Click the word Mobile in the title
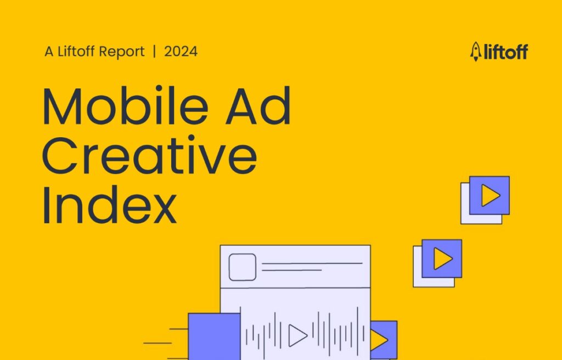(126, 106)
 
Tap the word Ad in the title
(258, 106)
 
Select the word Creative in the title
(149, 155)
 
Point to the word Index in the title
(110, 205)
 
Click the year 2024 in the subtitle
(181, 52)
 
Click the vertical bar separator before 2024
(154, 52)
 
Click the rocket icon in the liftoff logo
(476, 52)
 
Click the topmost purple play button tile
(489, 195)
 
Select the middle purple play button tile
(442, 258)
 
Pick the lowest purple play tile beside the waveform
(384, 340)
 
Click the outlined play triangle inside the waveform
(297, 336)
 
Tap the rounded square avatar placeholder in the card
(242, 267)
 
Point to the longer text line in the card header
(312, 264)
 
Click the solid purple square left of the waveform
(215, 336)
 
